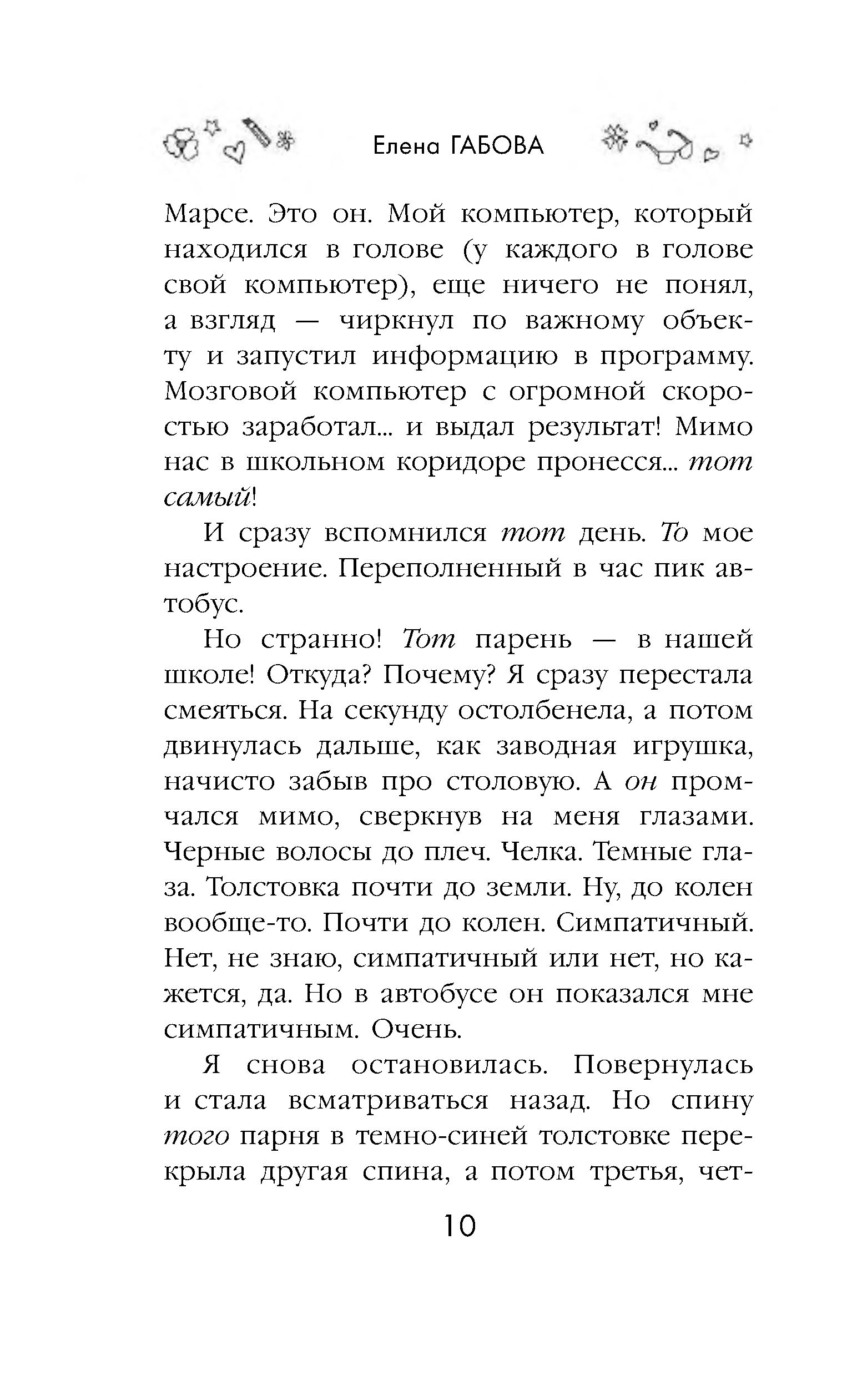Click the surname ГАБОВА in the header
point(497,147)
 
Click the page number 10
point(460,1226)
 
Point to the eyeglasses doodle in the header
point(671,149)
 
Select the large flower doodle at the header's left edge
point(182,146)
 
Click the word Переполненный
point(450,569)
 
